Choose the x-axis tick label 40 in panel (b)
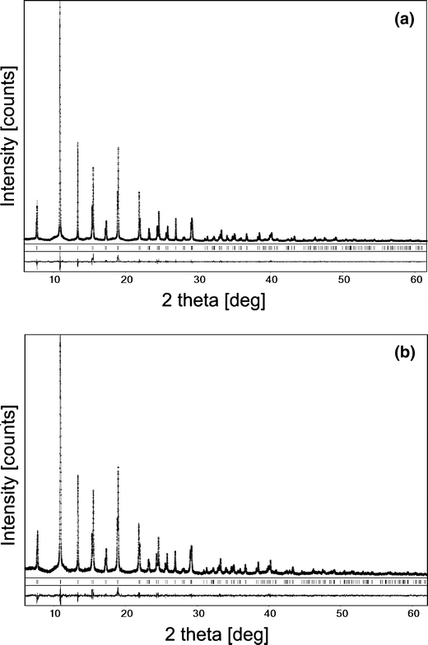271,615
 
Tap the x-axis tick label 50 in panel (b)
342,615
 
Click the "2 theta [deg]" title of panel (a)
226,300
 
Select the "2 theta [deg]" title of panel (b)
226,634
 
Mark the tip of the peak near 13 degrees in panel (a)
77,142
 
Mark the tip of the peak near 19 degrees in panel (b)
119,467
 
